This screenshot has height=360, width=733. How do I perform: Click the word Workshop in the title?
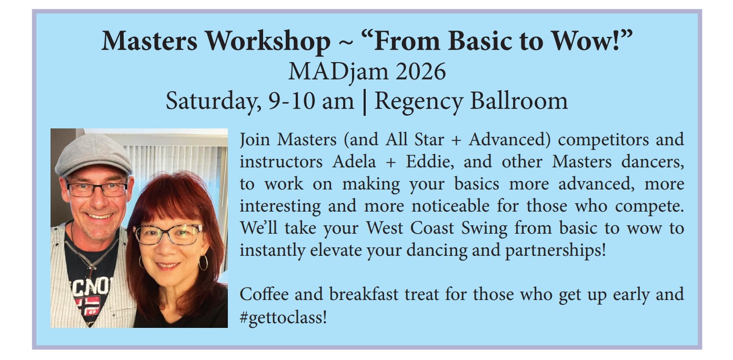click(x=268, y=42)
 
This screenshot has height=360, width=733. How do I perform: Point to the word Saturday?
click(x=213, y=102)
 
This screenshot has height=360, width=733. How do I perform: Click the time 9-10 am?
click(x=311, y=101)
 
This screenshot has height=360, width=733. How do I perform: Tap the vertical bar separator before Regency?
click(x=365, y=102)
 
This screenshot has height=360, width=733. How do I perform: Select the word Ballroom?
click(x=519, y=101)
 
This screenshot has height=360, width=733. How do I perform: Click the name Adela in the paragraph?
click(x=354, y=162)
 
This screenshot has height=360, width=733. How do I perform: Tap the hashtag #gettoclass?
click(x=284, y=317)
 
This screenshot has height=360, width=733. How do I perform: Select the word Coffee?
click(x=264, y=294)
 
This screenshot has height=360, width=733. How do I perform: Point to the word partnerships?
click(x=556, y=251)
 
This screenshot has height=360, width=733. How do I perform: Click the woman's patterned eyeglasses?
click(x=168, y=234)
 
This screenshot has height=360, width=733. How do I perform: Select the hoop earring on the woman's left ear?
click(x=203, y=263)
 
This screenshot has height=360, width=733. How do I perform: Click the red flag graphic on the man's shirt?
click(x=88, y=305)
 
